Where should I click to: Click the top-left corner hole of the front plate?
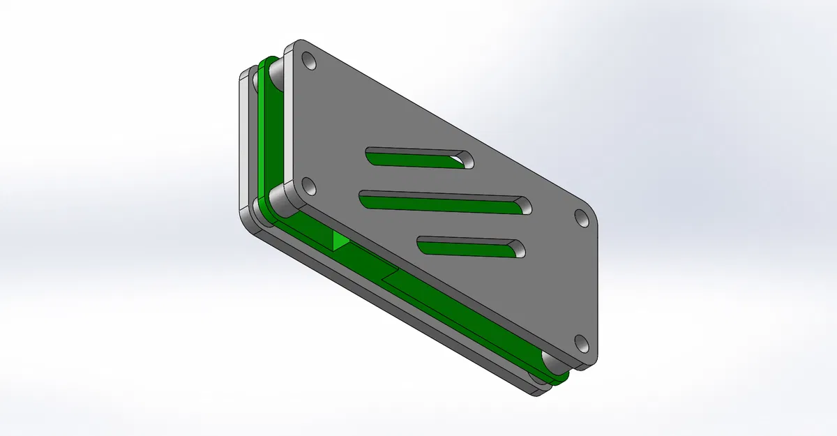point(310,63)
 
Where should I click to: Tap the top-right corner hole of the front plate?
point(580,217)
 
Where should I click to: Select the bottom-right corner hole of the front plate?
point(580,343)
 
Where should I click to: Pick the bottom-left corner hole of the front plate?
point(310,187)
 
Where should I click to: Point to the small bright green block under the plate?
point(340,241)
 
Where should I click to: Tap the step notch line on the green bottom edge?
point(391,273)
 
